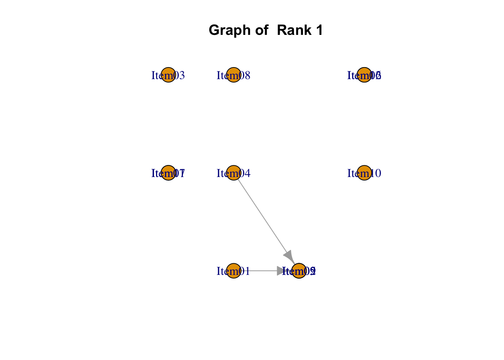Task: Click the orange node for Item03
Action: click(x=168, y=75)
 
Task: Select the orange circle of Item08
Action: click(x=234, y=75)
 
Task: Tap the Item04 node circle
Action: click(x=234, y=173)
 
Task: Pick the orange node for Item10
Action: click(x=364, y=173)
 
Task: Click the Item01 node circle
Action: click(x=234, y=271)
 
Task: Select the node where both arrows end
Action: click(x=299, y=271)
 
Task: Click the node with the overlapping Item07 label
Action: click(x=168, y=173)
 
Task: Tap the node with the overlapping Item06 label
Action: click(x=364, y=75)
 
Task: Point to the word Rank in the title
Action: click(x=294, y=30)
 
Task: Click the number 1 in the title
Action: click(x=319, y=30)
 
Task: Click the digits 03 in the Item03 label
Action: click(x=179, y=76)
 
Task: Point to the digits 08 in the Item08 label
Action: click(x=244, y=76)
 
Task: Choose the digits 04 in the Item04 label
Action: click(x=244, y=174)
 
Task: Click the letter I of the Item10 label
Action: click(x=349, y=174)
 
